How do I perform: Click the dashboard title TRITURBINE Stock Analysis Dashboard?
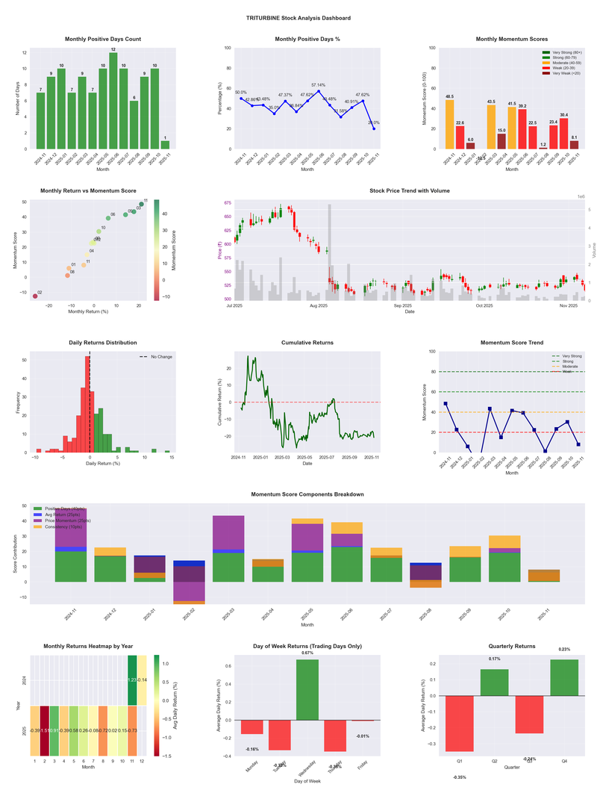coord(298,18)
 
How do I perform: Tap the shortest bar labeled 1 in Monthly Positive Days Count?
coord(165,145)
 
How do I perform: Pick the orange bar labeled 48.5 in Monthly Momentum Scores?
coord(449,124)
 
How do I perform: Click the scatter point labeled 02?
coord(34,296)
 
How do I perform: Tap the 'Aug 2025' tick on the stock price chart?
coord(319,305)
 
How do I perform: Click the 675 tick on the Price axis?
coord(227,202)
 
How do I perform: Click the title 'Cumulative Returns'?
coord(307,343)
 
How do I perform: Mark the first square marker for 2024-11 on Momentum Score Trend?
coord(446,403)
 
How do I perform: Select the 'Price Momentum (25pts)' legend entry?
coord(68,520)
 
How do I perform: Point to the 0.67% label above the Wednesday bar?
coord(307,653)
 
